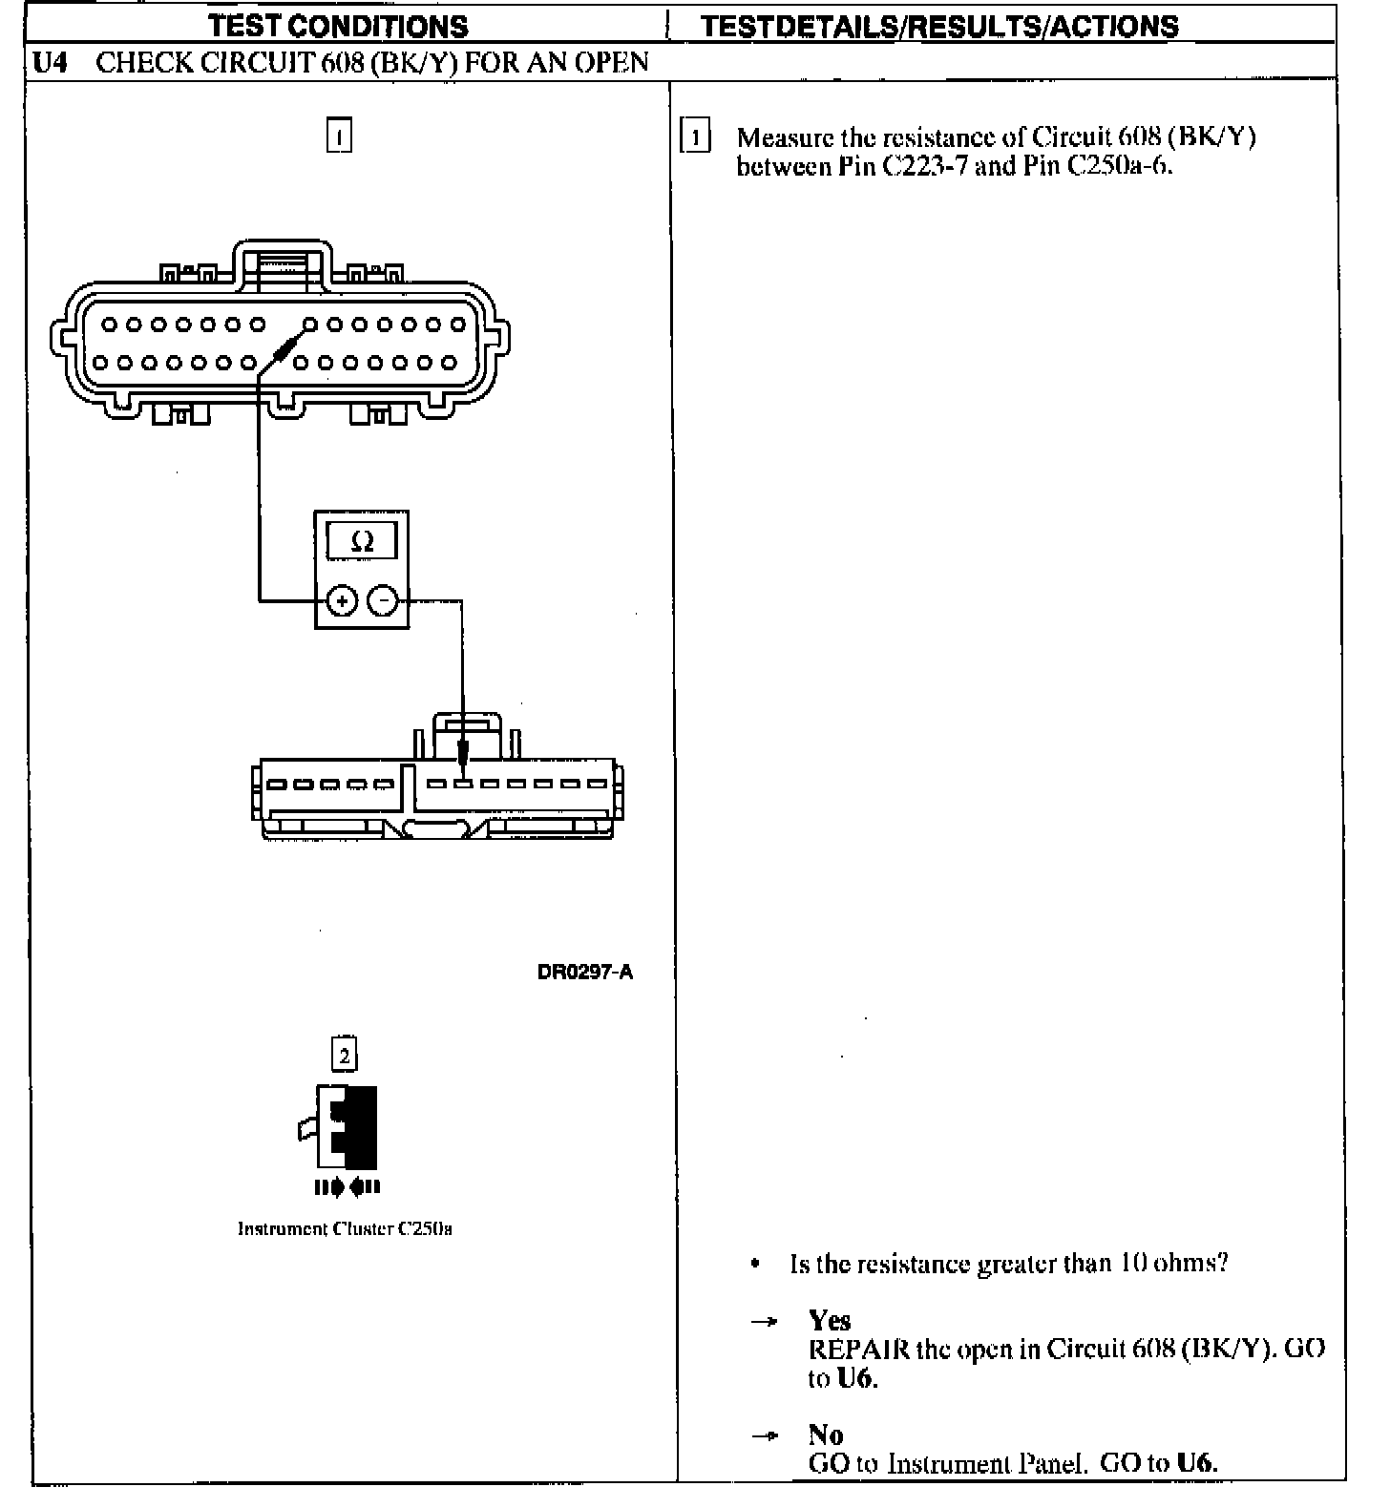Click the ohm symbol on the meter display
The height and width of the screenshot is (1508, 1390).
tap(363, 542)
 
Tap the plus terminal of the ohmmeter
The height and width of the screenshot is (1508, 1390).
tap(342, 601)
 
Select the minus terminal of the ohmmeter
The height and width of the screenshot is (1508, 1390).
tap(383, 601)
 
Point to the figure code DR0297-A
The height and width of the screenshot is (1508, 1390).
tap(584, 973)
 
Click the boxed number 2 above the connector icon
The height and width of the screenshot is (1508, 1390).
tap(344, 1055)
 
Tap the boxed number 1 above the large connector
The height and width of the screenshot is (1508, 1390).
tap(339, 136)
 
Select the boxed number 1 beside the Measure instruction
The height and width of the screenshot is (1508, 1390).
tap(695, 137)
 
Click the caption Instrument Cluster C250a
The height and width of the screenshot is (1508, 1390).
tap(345, 1228)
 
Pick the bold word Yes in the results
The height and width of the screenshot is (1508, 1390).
tap(829, 1320)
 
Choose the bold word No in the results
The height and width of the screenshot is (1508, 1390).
tap(825, 1435)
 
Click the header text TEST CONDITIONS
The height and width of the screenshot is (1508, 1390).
tap(339, 26)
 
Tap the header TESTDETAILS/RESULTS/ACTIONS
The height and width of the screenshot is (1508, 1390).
tap(939, 26)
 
